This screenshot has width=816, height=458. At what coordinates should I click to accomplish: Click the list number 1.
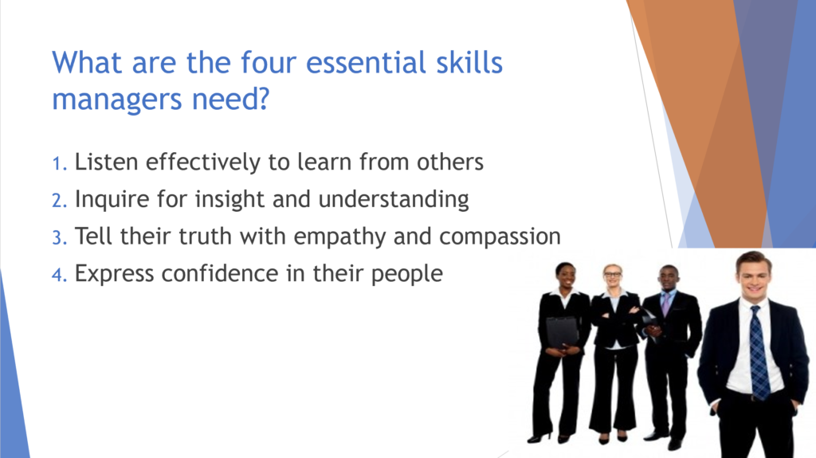59,163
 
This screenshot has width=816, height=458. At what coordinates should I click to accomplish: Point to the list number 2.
59,201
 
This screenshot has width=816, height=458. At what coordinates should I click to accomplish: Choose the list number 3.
59,238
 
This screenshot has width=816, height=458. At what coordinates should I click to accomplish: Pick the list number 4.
59,275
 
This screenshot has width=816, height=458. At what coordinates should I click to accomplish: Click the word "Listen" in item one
106,162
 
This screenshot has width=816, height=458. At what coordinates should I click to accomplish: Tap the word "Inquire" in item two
112,200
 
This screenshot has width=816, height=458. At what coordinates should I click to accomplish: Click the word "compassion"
500,237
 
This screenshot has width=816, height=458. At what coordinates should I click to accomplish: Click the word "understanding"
394,200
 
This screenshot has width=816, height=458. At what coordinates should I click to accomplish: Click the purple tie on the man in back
665,303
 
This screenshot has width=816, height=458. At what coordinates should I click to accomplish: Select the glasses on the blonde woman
613,274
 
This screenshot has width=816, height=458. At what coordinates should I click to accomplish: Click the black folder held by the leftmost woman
562,331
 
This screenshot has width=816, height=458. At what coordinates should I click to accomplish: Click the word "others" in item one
450,162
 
